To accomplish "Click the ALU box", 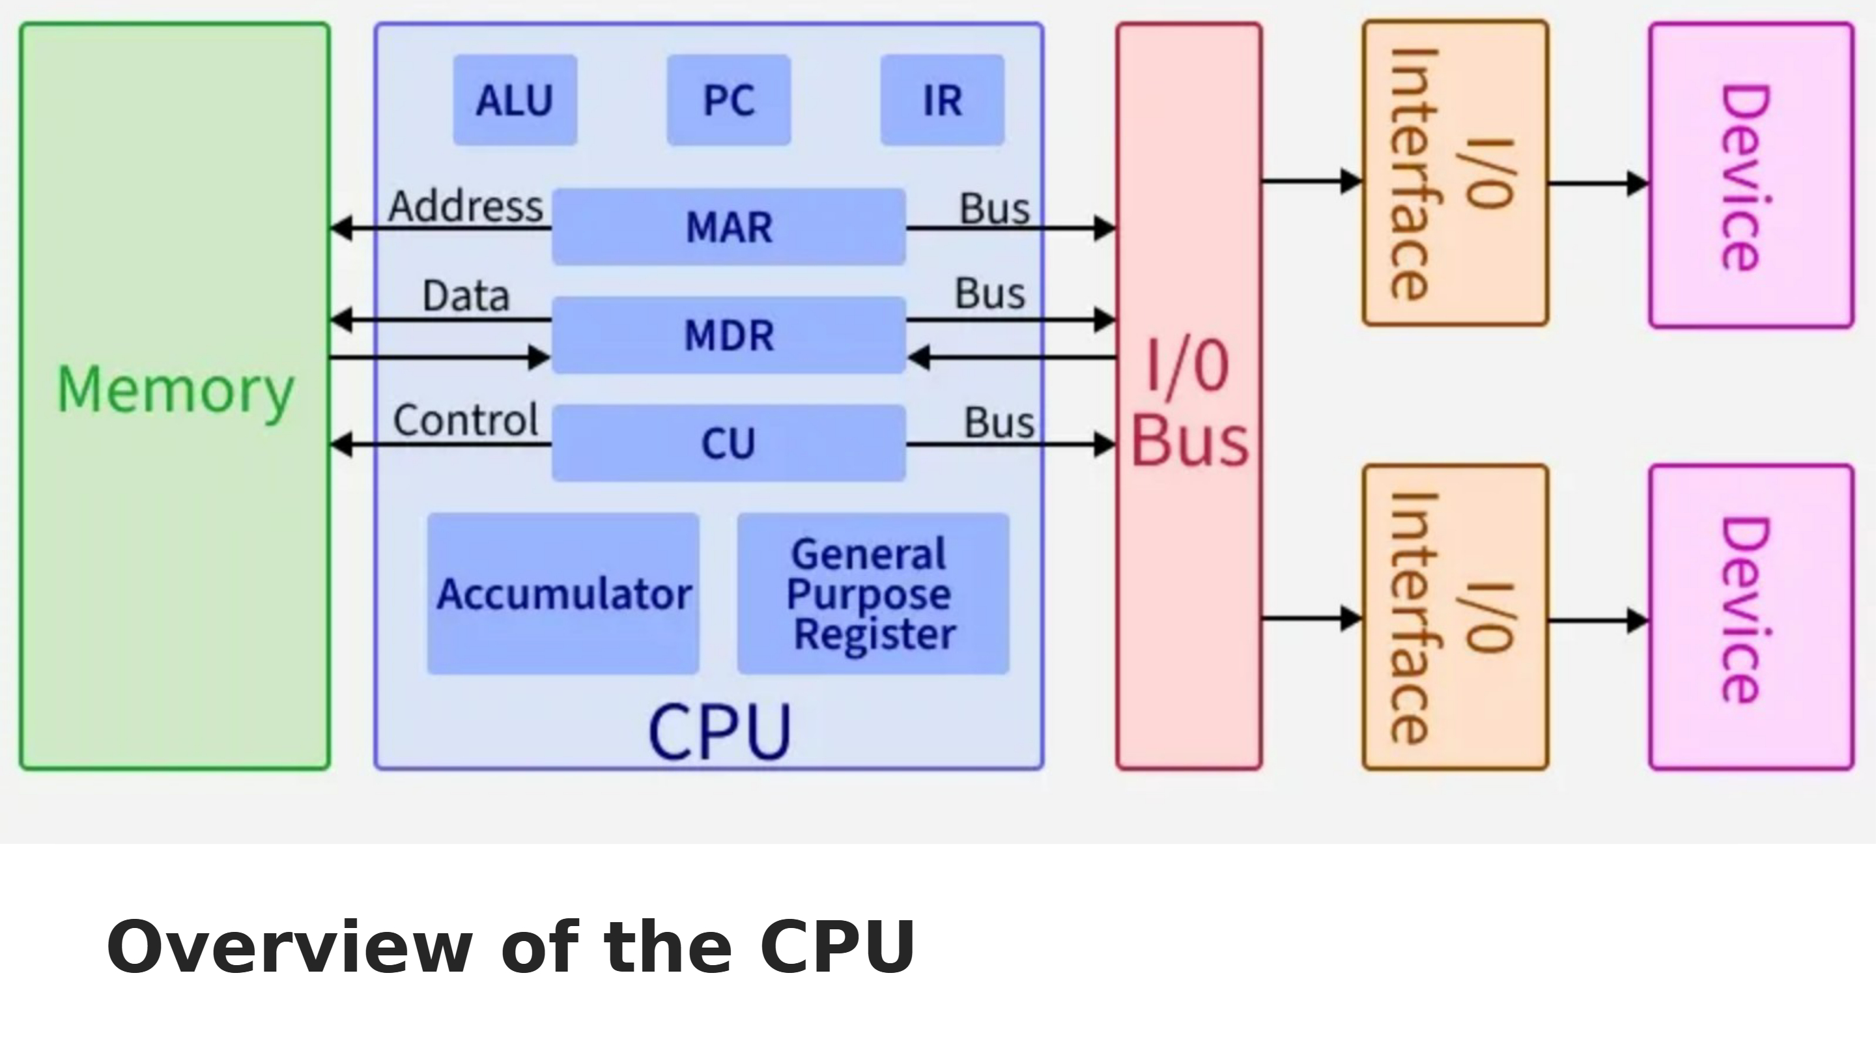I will tap(515, 100).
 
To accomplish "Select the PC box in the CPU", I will tap(729, 100).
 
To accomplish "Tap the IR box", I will tap(943, 100).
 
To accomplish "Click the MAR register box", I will tap(729, 227).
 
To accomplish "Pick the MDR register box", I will tap(729, 335).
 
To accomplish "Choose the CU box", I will tap(729, 443).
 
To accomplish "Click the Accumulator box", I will tap(563, 593).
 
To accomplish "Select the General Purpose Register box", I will tap(872, 593).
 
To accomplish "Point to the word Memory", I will tap(175, 390).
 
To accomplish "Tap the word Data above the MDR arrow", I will tap(466, 296).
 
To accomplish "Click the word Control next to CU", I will tap(466, 420).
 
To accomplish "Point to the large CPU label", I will tap(720, 732).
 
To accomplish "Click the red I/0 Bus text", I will tap(1189, 404).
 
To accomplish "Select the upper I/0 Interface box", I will tap(1455, 173).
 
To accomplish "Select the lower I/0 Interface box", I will tap(1455, 617).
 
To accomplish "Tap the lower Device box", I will tap(1751, 617).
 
